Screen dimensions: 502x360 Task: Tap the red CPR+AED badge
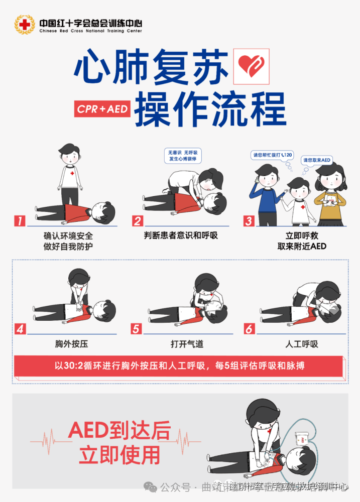tap(103, 108)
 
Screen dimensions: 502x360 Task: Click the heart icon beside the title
tap(252, 66)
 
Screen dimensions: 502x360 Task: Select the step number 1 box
tap(19, 221)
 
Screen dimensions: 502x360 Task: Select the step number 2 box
tap(138, 221)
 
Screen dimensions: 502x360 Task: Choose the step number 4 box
tap(20, 329)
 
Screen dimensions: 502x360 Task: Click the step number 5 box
tap(136, 329)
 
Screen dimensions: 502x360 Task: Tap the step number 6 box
tap(249, 329)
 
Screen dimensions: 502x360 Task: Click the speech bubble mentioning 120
tap(272, 155)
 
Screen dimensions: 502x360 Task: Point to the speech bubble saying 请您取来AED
tap(317, 160)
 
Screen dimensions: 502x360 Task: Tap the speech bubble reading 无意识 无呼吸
tap(182, 155)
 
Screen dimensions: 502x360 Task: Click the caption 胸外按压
tap(71, 344)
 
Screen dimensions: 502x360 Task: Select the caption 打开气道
tap(187, 344)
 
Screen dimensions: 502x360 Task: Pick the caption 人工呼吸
tap(302, 344)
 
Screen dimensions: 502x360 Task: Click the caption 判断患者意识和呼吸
tap(181, 235)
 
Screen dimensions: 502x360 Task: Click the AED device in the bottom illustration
tap(303, 440)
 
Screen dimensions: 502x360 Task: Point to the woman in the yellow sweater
tap(330, 193)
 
